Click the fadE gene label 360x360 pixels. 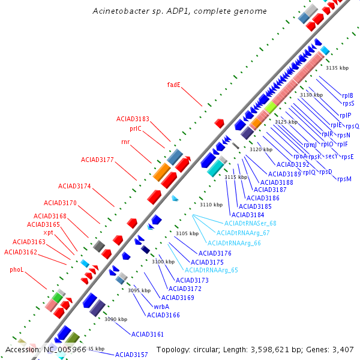[x=173, y=85]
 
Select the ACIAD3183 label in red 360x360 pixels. [x=133, y=119]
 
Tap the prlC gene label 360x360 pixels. [x=136, y=128]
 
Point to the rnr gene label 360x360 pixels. [x=125, y=142]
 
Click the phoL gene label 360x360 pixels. [x=16, y=270]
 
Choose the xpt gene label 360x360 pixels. [x=48, y=232]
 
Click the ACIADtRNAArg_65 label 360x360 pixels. [x=211, y=270]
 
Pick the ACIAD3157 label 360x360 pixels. [x=131, y=355]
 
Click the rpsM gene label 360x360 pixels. [x=344, y=179]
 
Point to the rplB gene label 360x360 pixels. [x=347, y=95]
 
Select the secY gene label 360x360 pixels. [x=331, y=156]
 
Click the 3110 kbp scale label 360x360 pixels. [x=211, y=205]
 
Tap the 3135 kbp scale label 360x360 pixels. [x=337, y=68]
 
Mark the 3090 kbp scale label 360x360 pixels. [x=116, y=319]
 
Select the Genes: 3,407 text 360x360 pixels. [x=333, y=349]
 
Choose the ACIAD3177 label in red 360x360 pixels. [x=97, y=160]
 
